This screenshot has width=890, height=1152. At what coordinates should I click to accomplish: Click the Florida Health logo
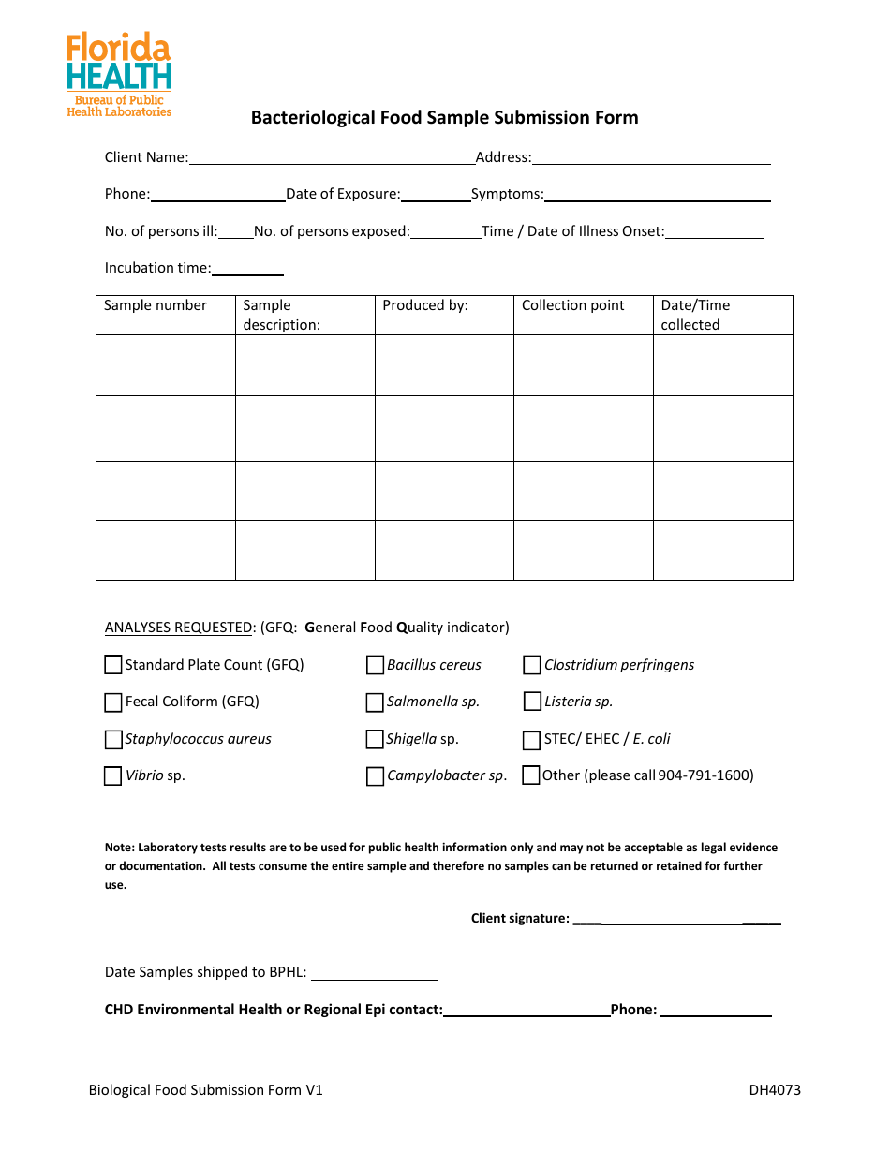119,75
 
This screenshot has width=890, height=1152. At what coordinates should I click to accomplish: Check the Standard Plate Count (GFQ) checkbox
113,665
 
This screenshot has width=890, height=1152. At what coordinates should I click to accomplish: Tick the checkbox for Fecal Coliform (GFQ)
113,702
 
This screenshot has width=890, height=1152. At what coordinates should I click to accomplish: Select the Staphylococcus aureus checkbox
113,739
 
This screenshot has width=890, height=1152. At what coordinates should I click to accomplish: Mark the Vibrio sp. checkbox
113,775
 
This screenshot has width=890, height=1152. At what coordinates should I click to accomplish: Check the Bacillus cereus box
375,665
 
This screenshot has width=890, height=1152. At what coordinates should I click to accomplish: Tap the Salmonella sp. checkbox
375,702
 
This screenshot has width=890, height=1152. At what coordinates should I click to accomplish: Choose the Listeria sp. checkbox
532,702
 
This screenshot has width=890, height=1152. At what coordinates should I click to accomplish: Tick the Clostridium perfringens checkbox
532,665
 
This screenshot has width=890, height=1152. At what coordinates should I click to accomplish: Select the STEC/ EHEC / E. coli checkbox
532,739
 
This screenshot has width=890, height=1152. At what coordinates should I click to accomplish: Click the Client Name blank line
332,158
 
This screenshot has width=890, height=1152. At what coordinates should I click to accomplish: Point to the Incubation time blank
247,269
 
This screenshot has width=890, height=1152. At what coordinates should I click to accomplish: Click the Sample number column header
156,305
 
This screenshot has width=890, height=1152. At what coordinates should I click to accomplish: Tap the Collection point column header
573,305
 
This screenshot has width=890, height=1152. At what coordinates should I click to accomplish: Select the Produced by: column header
425,305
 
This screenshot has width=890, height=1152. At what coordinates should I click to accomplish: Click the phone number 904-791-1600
705,775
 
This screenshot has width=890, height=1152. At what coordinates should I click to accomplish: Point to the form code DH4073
775,1089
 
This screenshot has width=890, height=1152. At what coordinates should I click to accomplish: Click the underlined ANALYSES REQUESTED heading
179,628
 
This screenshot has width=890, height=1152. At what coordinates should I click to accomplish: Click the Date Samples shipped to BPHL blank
375,973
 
